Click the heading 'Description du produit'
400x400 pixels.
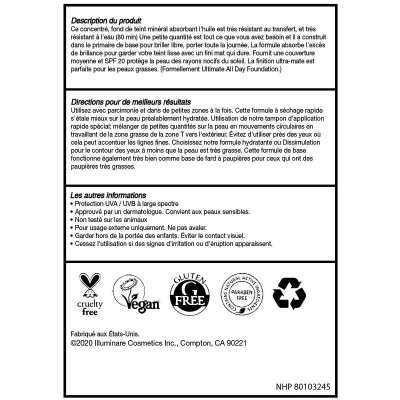106,21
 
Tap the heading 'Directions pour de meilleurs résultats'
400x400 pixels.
132,101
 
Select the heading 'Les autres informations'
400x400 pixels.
109,195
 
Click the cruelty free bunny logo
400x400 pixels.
89,295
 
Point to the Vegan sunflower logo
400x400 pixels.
136,296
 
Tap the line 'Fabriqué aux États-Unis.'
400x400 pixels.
104,334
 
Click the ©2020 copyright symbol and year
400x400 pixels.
85,343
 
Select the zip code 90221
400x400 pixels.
235,343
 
